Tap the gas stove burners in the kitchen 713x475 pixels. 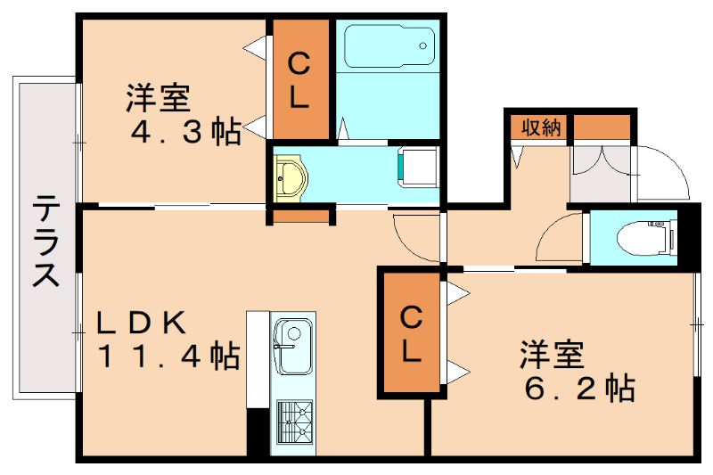pos(296,422)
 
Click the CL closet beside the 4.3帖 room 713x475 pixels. pos(299,80)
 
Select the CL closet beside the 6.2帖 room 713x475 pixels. pos(410,332)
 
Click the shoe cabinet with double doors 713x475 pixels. pos(602,171)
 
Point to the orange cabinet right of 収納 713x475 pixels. pos(602,127)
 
